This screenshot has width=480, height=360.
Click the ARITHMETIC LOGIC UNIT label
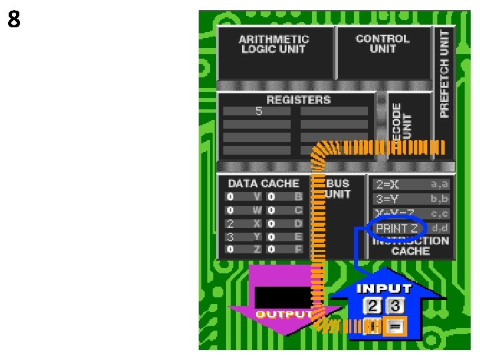[x=273, y=44]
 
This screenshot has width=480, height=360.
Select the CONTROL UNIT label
[x=382, y=43]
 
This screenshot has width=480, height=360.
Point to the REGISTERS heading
[x=298, y=100]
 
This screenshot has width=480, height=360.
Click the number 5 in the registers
[x=259, y=111]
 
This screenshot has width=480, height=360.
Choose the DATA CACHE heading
[x=263, y=183]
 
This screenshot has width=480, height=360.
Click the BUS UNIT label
[x=338, y=189]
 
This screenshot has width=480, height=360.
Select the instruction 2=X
[x=387, y=184]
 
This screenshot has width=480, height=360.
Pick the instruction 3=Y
[x=387, y=199]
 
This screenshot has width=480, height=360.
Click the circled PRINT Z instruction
[x=396, y=229]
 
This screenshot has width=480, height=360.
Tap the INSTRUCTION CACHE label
[x=411, y=246]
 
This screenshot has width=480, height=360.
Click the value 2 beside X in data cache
[x=230, y=223]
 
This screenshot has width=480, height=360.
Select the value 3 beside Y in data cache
[x=230, y=236]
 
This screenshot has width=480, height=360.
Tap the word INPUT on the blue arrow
[x=384, y=289]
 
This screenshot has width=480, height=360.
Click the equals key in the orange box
[x=395, y=327]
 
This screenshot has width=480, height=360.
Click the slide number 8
[x=13, y=21]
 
